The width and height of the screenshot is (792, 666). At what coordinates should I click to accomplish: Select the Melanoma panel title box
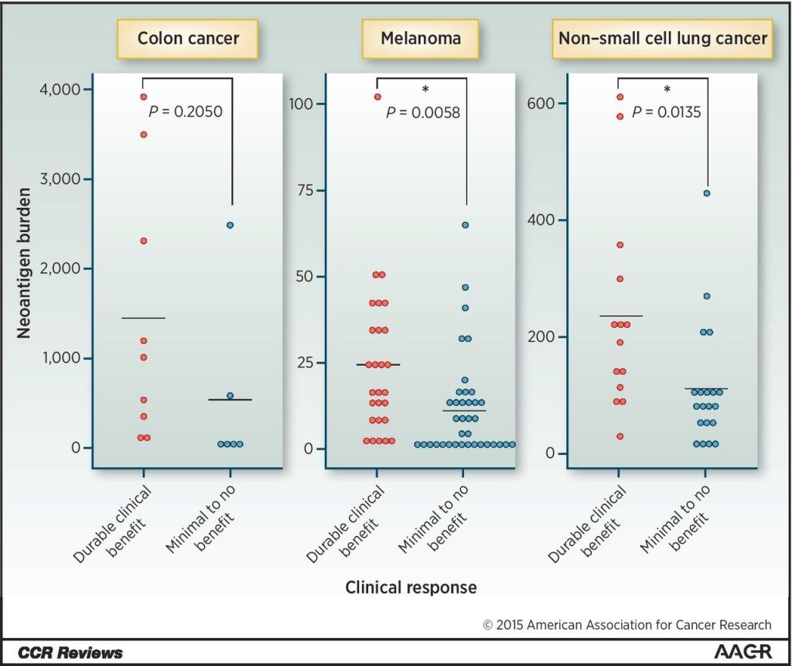click(x=422, y=39)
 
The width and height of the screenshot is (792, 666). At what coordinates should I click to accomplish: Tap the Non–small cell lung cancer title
click(x=662, y=39)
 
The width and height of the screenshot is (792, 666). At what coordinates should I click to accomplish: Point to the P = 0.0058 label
click(x=422, y=113)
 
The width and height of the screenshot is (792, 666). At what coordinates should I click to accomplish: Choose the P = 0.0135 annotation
click(x=666, y=112)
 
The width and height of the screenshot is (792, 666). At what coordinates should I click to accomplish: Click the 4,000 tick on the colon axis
click(x=60, y=90)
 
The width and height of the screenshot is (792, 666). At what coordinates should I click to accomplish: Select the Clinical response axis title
click(x=411, y=587)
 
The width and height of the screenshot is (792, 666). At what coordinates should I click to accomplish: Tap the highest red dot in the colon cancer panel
click(x=144, y=97)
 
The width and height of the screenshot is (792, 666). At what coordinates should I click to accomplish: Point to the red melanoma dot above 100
click(x=377, y=97)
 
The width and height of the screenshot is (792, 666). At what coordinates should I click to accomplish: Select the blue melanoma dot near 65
click(x=465, y=225)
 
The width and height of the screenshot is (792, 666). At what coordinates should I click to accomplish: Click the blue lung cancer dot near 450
click(x=707, y=193)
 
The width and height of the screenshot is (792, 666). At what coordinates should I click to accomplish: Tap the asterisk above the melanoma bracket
click(x=425, y=91)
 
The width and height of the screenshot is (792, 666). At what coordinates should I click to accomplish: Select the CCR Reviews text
click(x=71, y=653)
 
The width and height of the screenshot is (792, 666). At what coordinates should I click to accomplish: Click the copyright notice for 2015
click(x=626, y=625)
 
